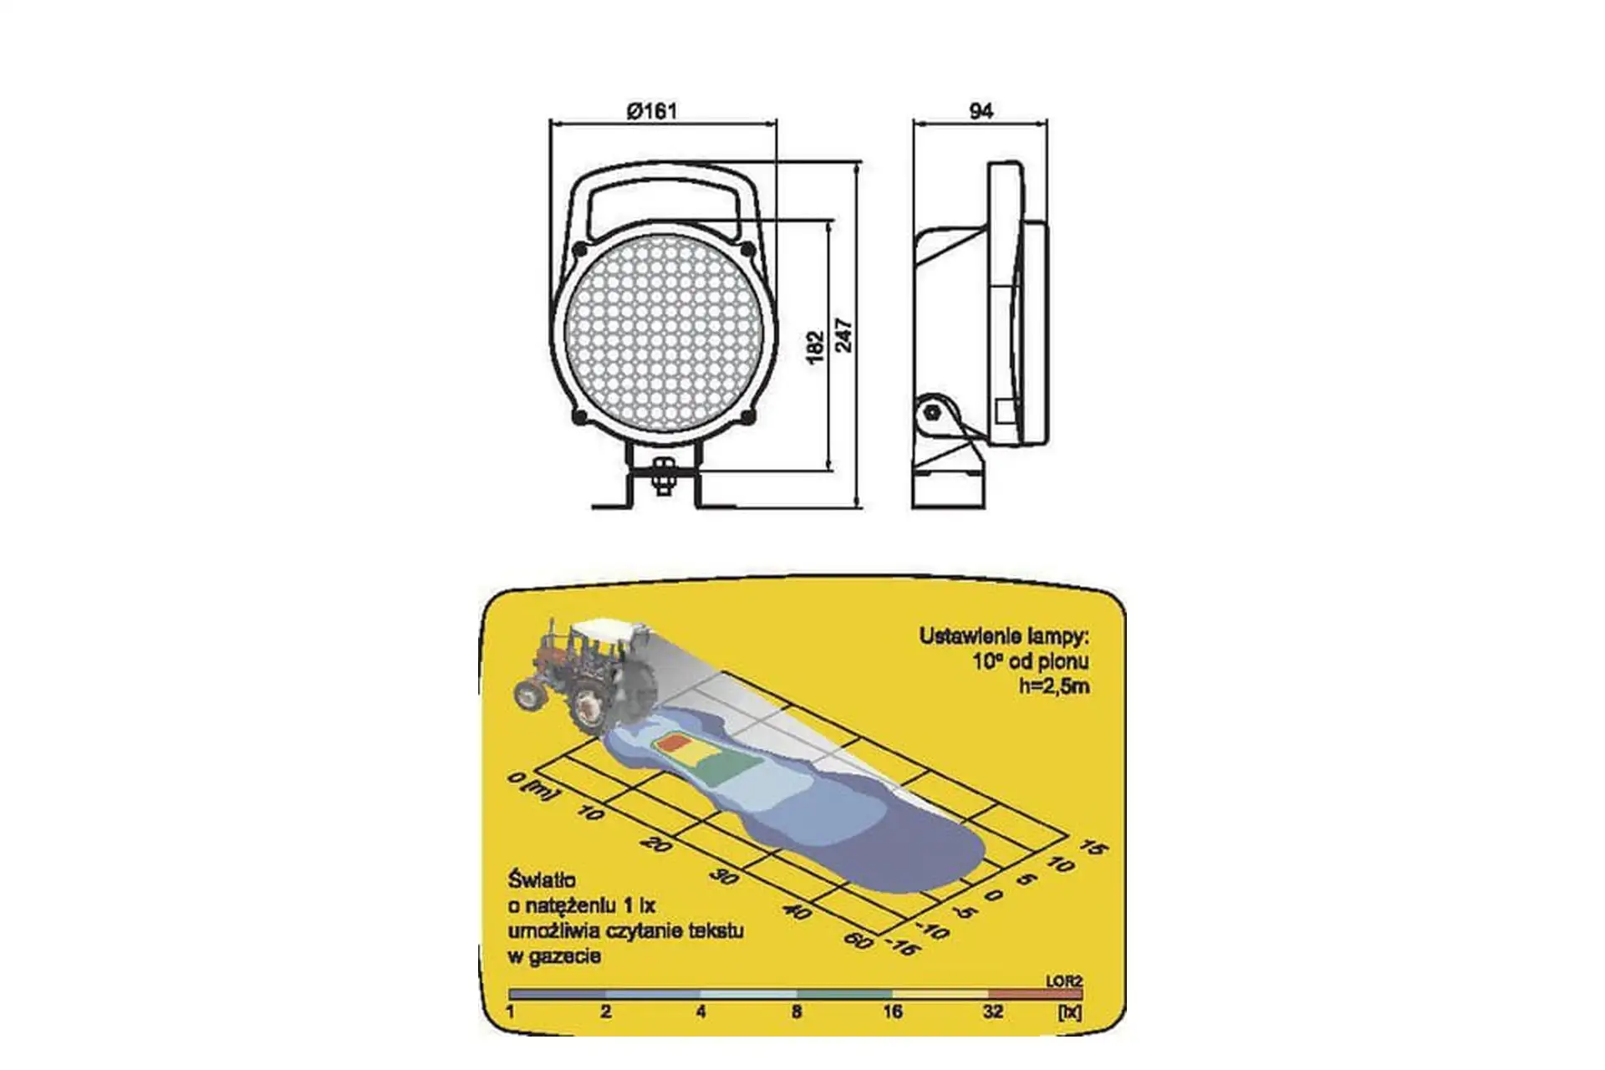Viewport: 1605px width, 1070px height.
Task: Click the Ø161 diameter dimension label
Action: [652, 110]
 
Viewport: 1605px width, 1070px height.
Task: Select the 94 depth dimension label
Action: [981, 110]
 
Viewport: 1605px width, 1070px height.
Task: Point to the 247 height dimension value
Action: [844, 335]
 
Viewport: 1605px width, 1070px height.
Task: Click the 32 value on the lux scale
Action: [992, 1012]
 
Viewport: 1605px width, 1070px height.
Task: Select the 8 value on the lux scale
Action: [797, 1012]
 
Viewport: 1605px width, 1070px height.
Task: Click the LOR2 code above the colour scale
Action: [1063, 981]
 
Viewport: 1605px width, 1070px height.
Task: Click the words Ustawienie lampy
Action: [1004, 636]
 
